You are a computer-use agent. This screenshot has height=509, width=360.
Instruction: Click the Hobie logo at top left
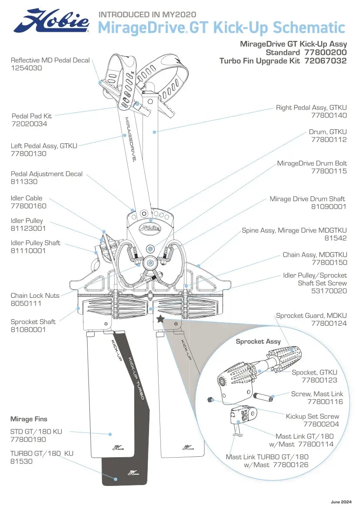(51, 21)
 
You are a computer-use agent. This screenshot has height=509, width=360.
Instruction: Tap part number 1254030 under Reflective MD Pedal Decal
(27, 68)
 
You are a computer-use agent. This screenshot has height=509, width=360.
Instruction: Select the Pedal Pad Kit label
(31, 116)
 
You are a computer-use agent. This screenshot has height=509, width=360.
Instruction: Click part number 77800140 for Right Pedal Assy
(329, 115)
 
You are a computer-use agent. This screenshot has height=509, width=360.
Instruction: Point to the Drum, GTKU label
(328, 131)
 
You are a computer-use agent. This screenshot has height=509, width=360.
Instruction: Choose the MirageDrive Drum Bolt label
(312, 163)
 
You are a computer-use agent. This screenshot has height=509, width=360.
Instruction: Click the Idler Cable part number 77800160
(28, 206)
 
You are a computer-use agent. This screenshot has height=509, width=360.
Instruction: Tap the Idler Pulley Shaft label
(35, 243)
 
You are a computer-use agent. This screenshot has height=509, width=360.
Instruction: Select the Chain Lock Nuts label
(35, 296)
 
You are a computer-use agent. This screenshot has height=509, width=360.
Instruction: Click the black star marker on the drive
(160, 319)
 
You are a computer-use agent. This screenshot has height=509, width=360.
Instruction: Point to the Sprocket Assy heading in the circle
(258, 341)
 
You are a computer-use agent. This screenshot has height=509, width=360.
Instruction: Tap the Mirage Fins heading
(29, 419)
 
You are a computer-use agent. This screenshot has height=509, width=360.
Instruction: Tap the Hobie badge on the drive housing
(150, 227)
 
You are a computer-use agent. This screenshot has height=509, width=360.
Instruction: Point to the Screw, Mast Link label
(317, 394)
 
